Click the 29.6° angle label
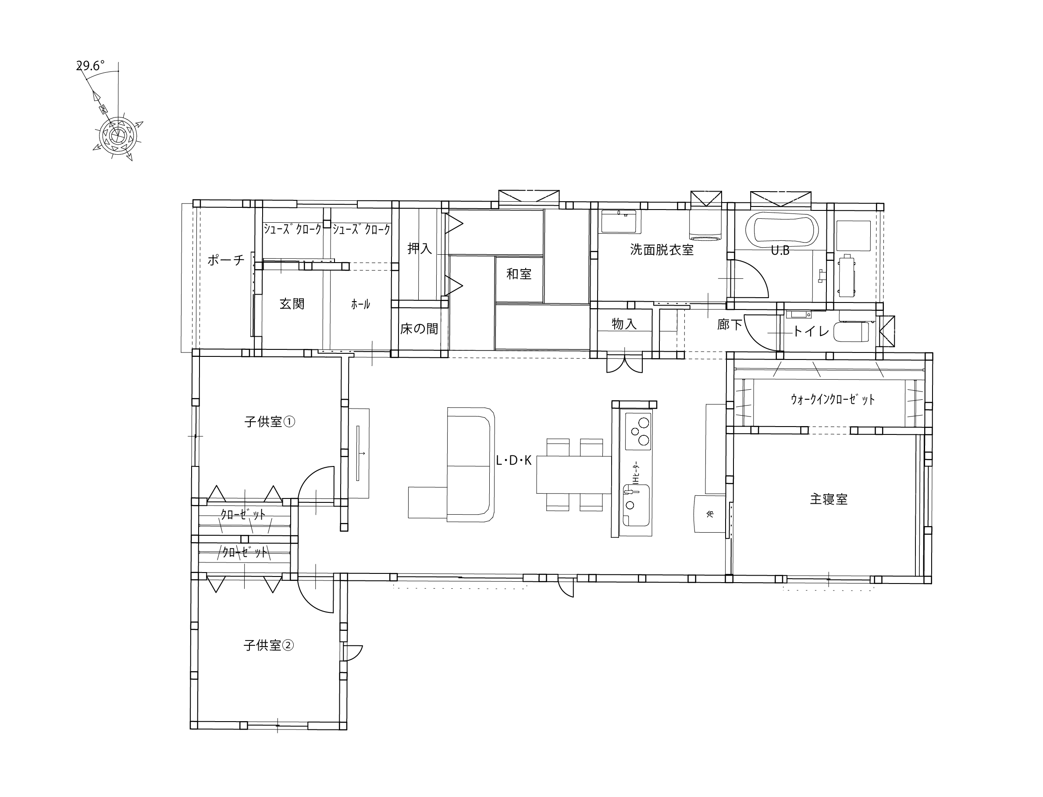pyautogui.click(x=91, y=65)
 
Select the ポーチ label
pyautogui.click(x=226, y=260)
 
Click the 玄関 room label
pyautogui.click(x=292, y=304)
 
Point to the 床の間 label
pyautogui.click(x=419, y=329)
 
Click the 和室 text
pyautogui.click(x=519, y=274)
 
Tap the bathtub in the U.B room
pyautogui.click(x=782, y=230)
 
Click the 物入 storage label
pyautogui.click(x=624, y=324)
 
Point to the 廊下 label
pyautogui.click(x=730, y=325)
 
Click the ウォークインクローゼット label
pyautogui.click(x=833, y=399)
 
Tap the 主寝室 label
pyautogui.click(x=829, y=499)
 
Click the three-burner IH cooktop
pyautogui.click(x=638, y=431)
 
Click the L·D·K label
pyautogui.click(x=514, y=460)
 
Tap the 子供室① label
pyautogui.click(x=269, y=421)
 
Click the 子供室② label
pyautogui.click(x=268, y=645)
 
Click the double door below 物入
pyautogui.click(x=625, y=363)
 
